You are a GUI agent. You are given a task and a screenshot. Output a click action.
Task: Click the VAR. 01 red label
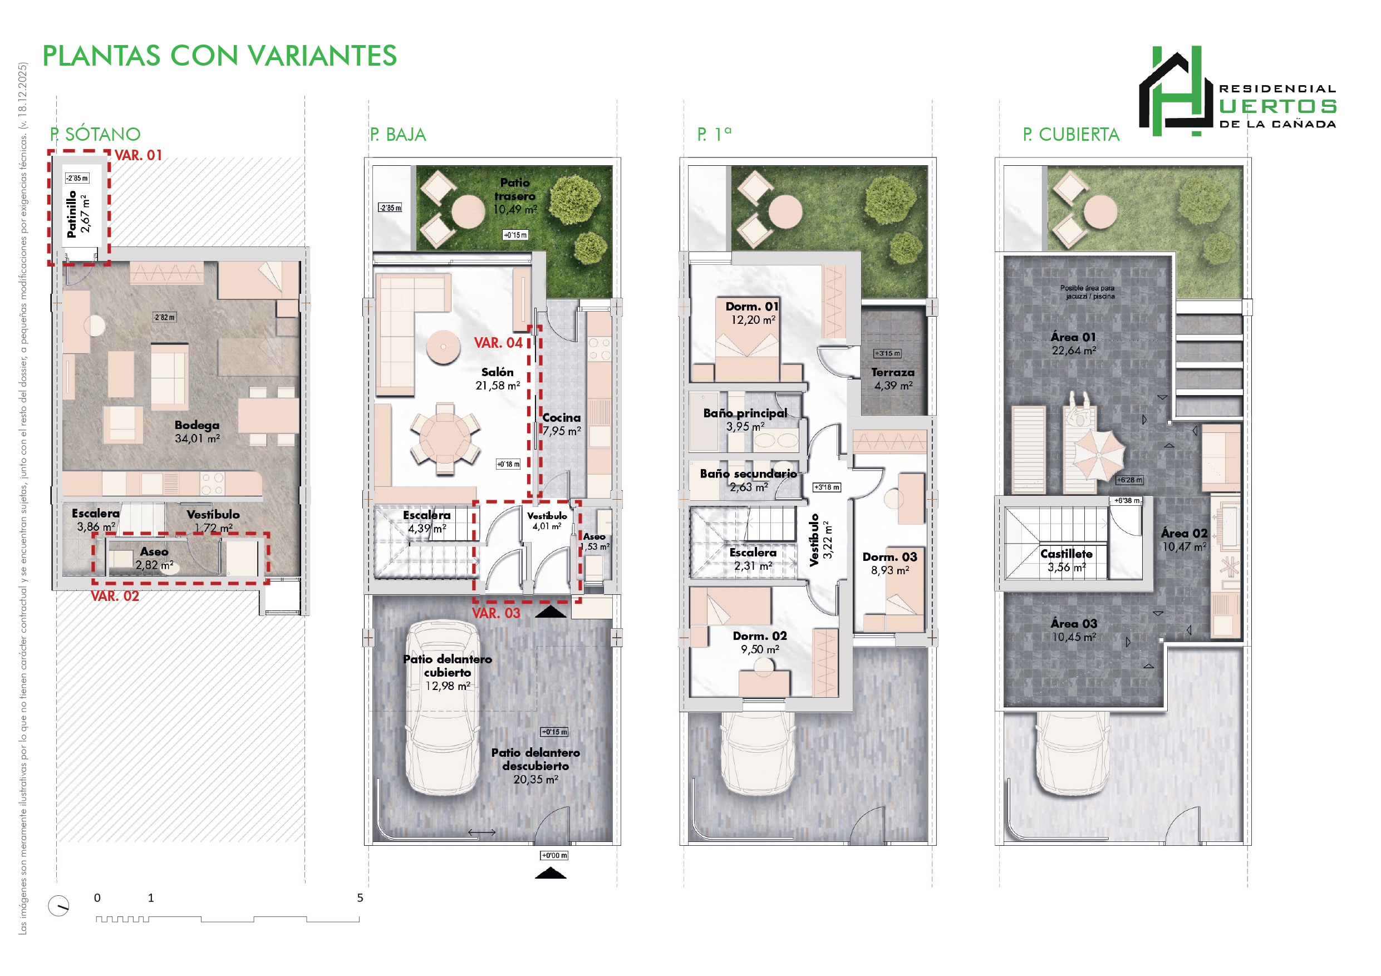click(x=139, y=155)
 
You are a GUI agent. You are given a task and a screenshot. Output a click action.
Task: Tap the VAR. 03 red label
click(x=495, y=613)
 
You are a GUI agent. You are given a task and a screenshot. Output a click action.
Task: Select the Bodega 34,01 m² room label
click(x=197, y=432)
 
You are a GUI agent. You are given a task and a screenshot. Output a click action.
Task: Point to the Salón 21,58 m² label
click(x=498, y=379)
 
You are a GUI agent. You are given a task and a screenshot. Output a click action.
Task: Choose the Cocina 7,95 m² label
click(x=562, y=424)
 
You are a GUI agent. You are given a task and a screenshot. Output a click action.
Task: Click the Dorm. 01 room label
click(x=753, y=313)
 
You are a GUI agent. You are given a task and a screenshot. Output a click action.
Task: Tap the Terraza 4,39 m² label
click(x=893, y=379)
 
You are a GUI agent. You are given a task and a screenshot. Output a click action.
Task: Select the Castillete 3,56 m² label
click(x=1067, y=560)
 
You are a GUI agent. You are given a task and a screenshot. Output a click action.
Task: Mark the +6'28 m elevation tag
click(x=1129, y=480)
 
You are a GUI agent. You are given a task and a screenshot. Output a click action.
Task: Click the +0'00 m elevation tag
click(x=554, y=855)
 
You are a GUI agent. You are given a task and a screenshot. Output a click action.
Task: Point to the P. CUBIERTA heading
click(x=1072, y=134)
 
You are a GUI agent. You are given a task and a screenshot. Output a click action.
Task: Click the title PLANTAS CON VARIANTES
click(x=219, y=56)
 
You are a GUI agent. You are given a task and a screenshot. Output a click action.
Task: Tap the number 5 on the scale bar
click(x=360, y=898)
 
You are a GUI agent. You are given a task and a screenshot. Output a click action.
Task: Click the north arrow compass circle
click(x=58, y=906)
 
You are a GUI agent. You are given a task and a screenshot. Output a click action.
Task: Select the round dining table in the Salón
click(x=445, y=438)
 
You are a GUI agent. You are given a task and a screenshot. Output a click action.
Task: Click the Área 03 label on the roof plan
click(x=1074, y=630)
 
